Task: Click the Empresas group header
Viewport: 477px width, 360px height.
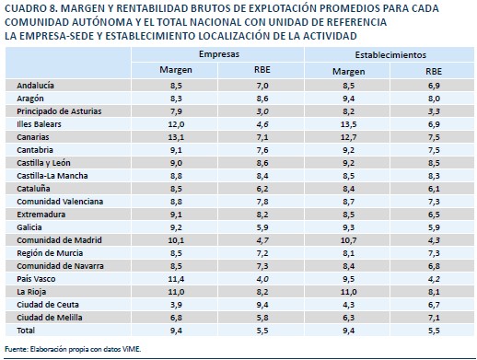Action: click(219, 54)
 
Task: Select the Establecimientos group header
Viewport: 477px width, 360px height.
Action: click(390, 55)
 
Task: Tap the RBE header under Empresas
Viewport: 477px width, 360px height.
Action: click(262, 70)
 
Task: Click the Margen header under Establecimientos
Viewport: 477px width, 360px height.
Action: click(349, 72)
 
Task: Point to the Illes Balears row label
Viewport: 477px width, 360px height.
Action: click(39, 124)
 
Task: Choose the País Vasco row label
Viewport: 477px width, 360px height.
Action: click(36, 279)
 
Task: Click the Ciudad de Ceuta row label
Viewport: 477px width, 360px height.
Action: click(48, 305)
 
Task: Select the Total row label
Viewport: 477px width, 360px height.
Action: click(26, 331)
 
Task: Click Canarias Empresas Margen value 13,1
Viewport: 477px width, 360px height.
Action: click(176, 137)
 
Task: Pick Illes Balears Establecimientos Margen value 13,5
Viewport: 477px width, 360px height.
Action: click(348, 124)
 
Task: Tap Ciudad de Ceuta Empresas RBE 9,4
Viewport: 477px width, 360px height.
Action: click(262, 305)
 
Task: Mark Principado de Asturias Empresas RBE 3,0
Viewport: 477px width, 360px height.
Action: click(262, 111)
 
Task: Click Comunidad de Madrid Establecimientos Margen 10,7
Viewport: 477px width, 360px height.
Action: click(348, 240)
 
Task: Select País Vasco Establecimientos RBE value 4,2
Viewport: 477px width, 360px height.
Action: click(434, 279)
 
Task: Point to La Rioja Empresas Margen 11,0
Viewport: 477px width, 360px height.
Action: click(176, 292)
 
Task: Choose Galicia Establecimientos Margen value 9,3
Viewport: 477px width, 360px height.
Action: click(348, 227)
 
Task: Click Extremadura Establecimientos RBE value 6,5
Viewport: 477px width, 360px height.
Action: click(434, 215)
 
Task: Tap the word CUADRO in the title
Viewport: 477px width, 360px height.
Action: click(25, 8)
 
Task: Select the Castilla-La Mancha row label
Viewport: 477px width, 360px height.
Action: click(52, 176)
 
